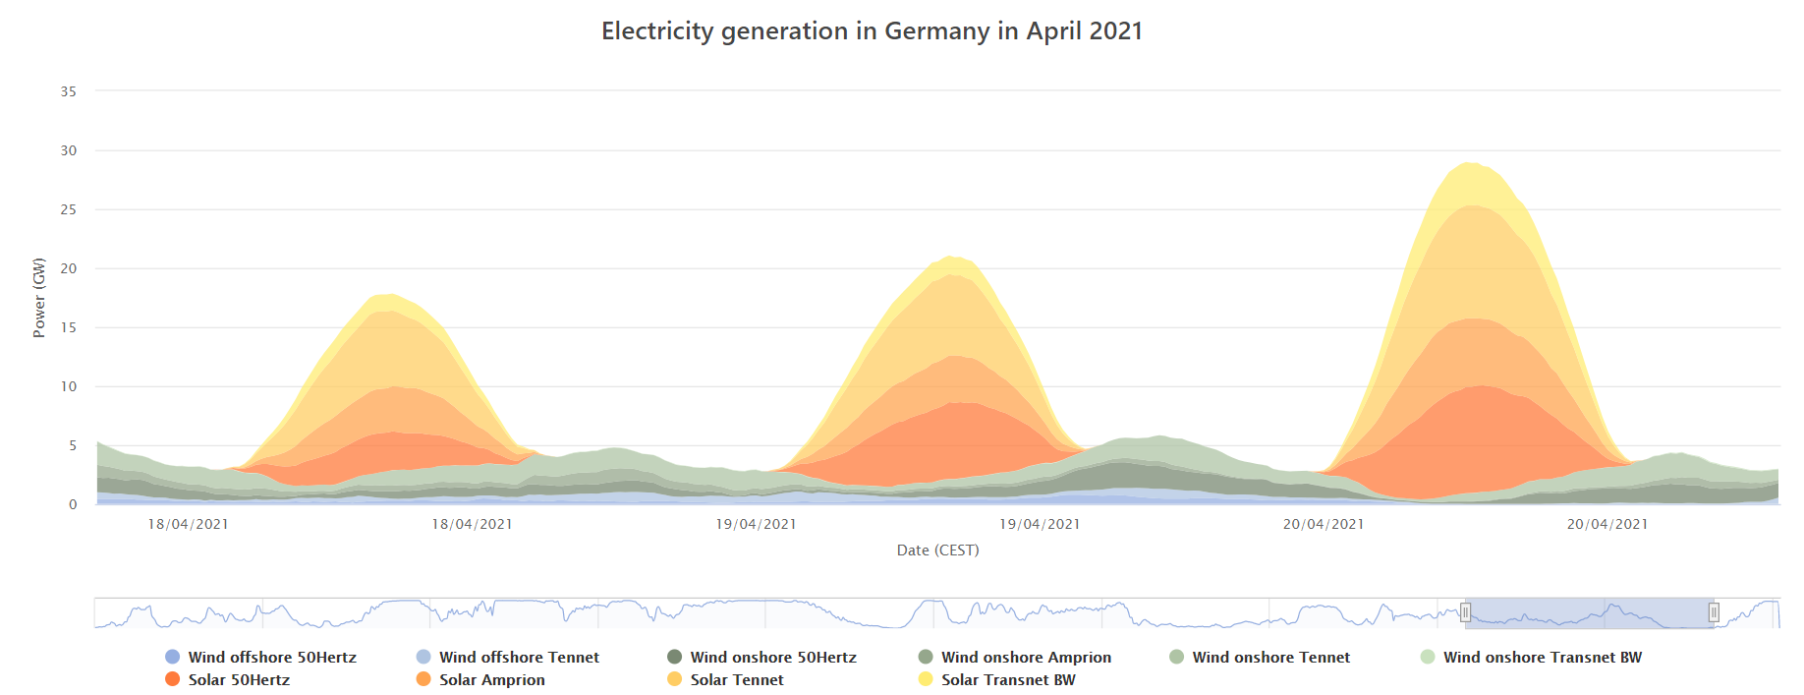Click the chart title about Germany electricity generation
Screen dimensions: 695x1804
tap(872, 31)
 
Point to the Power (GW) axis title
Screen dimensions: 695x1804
tap(39, 298)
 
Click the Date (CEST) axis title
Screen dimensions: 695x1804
tap(937, 550)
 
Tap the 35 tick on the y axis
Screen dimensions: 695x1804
tap(69, 91)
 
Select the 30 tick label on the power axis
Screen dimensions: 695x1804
tap(69, 150)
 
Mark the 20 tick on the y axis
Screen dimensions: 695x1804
tap(69, 268)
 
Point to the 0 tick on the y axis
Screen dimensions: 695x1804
tap(73, 504)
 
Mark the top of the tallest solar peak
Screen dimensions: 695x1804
tap(1470, 163)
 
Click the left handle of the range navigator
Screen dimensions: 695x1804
tap(1465, 612)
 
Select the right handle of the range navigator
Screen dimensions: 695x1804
tap(1714, 612)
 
